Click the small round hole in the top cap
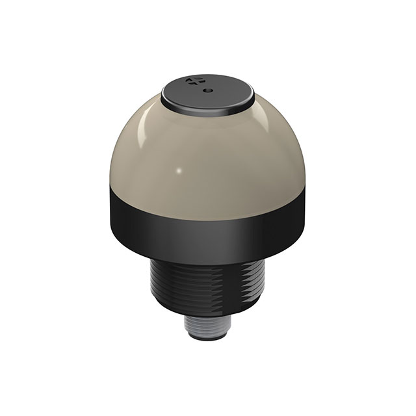pyautogui.click(x=207, y=91)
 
